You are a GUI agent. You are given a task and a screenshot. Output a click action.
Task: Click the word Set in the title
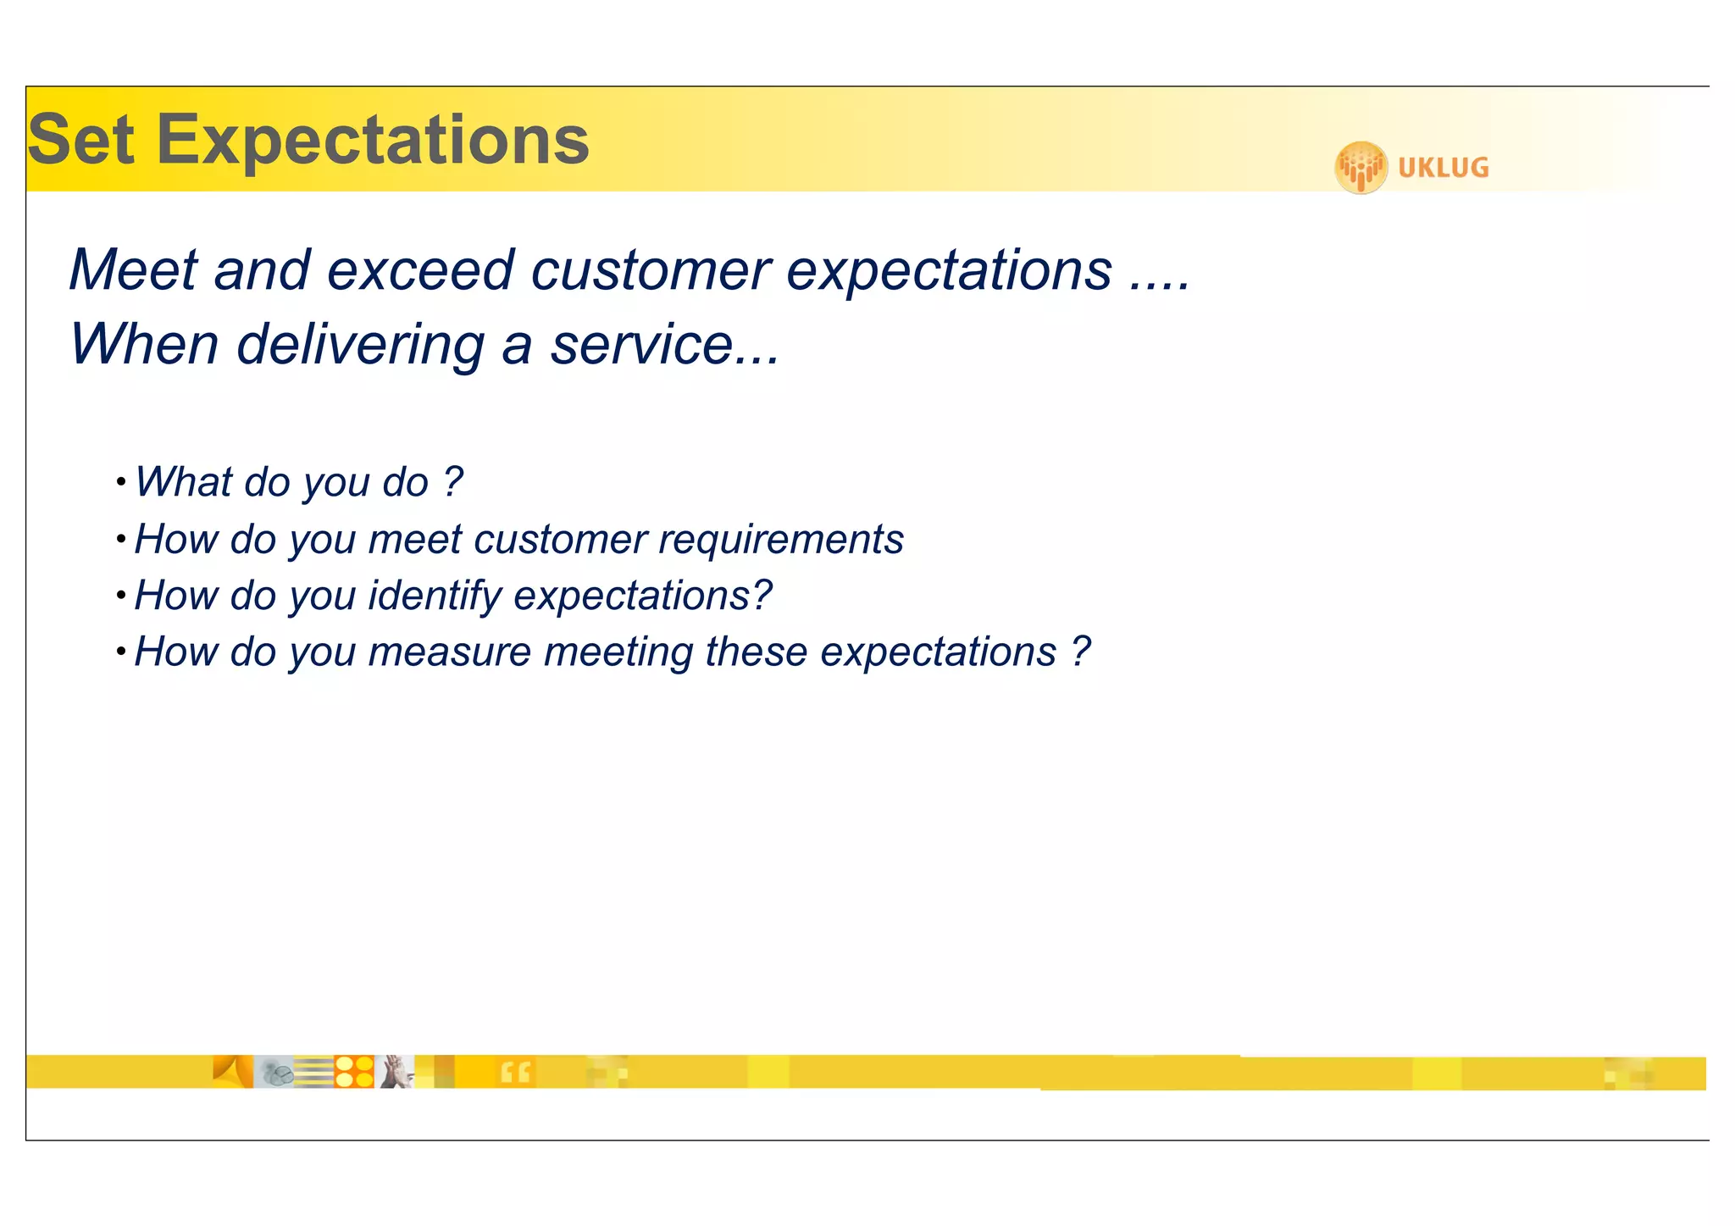click(x=81, y=140)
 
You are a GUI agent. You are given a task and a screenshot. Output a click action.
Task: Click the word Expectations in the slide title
click(x=373, y=141)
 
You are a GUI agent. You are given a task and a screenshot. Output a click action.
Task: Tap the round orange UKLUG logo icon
click(x=1361, y=168)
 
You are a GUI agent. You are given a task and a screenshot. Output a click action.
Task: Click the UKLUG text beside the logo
click(x=1443, y=168)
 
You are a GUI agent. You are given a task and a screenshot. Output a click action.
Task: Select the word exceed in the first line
click(x=420, y=270)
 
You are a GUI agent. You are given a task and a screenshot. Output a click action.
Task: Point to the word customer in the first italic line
click(x=651, y=270)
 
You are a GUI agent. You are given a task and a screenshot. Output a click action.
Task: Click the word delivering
click(x=360, y=345)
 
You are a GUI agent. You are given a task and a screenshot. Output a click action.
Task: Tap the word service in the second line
click(x=641, y=345)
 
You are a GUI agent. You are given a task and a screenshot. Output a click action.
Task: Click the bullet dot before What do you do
click(x=121, y=483)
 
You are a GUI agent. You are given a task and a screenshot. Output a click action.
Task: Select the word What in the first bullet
click(x=183, y=482)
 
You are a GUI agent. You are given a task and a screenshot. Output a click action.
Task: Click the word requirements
click(x=781, y=540)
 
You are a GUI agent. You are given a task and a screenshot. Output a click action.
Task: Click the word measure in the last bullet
click(x=450, y=652)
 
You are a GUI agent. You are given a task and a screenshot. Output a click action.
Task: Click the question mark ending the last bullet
click(x=1080, y=652)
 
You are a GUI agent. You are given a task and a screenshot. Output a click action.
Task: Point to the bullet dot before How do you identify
click(x=121, y=596)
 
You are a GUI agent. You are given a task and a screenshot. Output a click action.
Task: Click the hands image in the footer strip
click(x=395, y=1072)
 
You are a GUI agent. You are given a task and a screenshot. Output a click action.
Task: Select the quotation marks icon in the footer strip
click(x=515, y=1073)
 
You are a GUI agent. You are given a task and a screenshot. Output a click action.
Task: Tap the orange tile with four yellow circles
click(x=354, y=1072)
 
